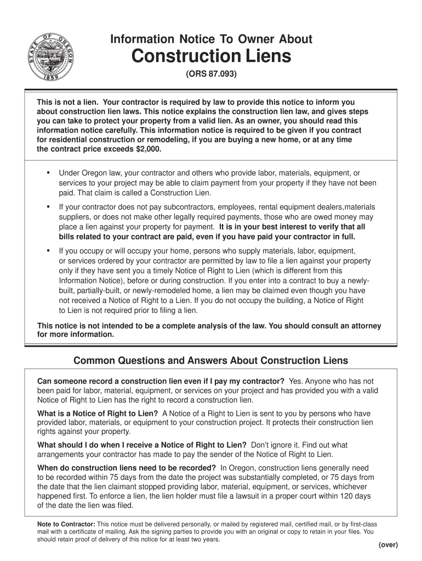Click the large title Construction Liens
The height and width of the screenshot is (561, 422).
tap(211, 56)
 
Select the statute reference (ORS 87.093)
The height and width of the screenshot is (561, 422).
tap(211, 74)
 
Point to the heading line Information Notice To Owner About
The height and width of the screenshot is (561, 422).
tap(211, 39)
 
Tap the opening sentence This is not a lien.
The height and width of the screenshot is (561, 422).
tap(68, 102)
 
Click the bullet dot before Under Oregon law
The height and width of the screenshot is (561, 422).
tap(48, 173)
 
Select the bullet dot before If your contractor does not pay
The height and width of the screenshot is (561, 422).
tap(48, 207)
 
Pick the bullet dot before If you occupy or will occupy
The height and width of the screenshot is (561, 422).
tap(48, 250)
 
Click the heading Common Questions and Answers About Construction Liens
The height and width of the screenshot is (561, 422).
tap(211, 360)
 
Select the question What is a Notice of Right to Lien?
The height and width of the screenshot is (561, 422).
tap(98, 414)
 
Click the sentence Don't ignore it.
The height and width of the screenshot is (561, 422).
tap(276, 445)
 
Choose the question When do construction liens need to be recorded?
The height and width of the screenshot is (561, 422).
tap(127, 468)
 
